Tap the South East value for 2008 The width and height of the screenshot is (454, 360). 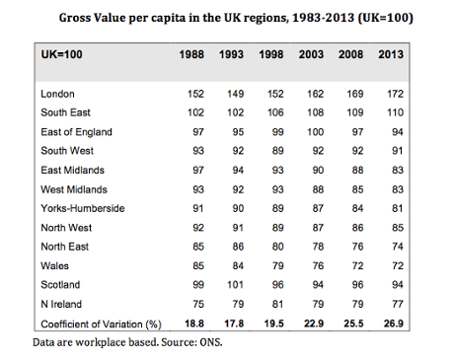pos(354,113)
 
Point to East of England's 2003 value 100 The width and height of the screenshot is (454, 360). pos(315,132)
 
